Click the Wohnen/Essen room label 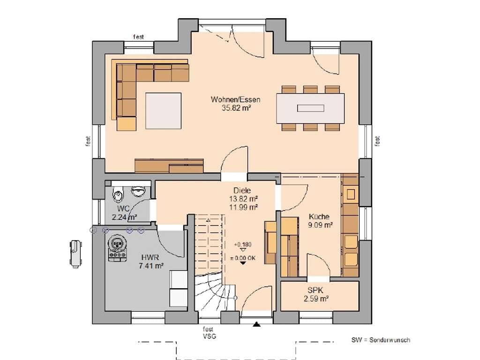[235, 99]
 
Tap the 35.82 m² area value [236, 108]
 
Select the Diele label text [242, 190]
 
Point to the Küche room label [319, 217]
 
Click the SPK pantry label [315, 290]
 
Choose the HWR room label [150, 257]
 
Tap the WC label [123, 209]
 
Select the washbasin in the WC [138, 191]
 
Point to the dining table [310, 108]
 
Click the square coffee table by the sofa [164, 111]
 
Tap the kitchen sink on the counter [351, 194]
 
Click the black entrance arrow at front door [256, 324]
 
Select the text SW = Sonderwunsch [381, 340]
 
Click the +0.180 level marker [243, 245]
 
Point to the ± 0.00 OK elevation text [243, 258]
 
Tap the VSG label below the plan [210, 337]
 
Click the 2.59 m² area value [316, 299]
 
